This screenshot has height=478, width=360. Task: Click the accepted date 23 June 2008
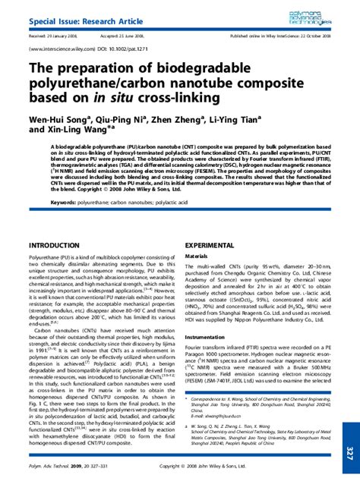coord(144,35)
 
